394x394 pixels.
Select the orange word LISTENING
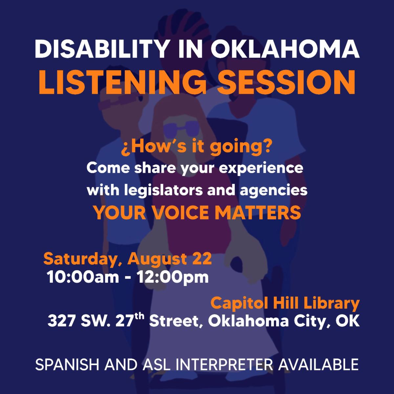click(122, 82)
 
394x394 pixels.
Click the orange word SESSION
click(286, 82)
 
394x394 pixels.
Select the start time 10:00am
click(83, 277)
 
